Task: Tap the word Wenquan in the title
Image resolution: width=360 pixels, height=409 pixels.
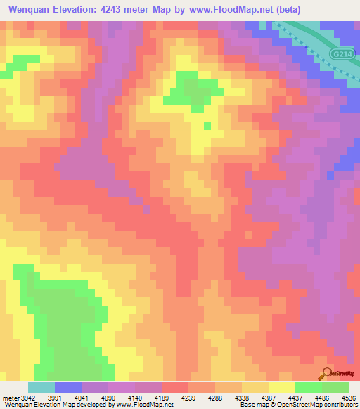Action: point(32,10)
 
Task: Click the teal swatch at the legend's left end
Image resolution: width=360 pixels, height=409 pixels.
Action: point(41,387)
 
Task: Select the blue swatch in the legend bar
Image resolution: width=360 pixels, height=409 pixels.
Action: point(68,387)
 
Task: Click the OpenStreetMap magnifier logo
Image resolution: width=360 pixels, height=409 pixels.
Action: point(326,373)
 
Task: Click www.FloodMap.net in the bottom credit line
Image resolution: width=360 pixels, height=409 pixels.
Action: point(143,405)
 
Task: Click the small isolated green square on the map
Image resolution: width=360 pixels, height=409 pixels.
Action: point(207,126)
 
